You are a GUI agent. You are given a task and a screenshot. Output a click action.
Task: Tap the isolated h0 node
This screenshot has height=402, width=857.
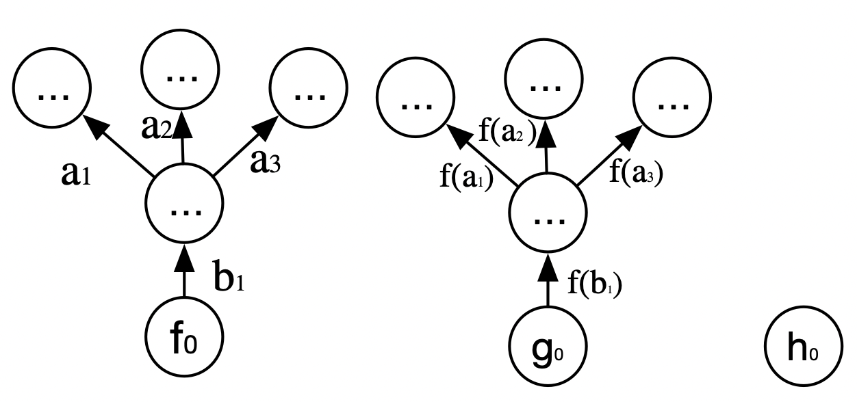tap(803, 351)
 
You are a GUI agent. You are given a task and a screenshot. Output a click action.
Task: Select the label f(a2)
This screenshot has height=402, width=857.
tap(506, 131)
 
